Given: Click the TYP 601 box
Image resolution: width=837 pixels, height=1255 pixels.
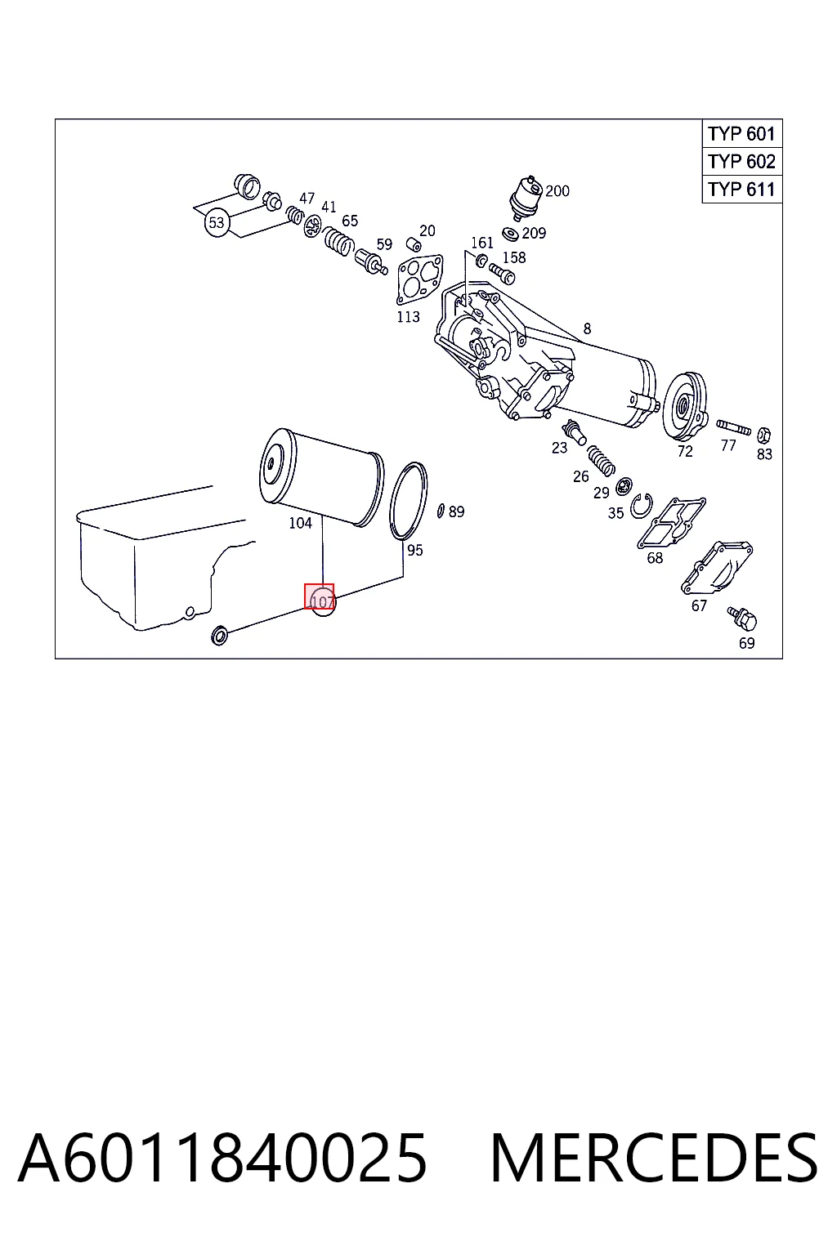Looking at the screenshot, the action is point(741,134).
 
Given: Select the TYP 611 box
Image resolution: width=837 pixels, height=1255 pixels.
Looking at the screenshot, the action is point(741,190).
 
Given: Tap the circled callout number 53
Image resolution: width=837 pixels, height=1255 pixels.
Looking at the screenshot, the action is point(217,223).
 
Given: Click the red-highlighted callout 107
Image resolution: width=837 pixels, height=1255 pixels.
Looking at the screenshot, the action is point(320,596).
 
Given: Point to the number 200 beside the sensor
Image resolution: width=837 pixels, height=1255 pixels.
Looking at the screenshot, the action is point(557,191).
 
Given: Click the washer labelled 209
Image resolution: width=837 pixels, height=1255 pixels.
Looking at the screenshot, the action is point(510,233).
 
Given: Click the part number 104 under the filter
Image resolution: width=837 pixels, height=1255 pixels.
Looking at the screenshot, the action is point(301,523).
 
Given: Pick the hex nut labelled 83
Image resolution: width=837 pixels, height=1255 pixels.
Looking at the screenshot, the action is point(763,434).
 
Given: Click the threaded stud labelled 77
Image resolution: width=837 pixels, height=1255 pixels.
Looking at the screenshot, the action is point(733,427).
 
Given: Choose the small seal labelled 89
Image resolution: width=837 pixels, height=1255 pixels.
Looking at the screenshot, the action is point(441,511).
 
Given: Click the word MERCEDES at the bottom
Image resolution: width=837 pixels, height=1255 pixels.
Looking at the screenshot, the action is point(654,1158).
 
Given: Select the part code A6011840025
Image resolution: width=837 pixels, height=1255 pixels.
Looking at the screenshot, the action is point(222,1158).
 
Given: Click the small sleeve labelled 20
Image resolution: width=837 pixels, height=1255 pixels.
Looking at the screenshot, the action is point(414,245).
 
